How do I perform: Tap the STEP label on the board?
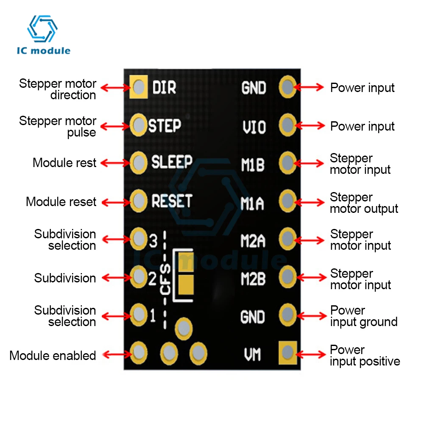[x=165, y=126]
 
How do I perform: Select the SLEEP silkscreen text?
[x=172, y=162]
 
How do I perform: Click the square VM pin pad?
[x=287, y=352]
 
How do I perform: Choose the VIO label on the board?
[x=254, y=127]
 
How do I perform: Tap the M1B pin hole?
[x=287, y=162]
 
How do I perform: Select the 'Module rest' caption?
[x=64, y=163]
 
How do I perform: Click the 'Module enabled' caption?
[x=53, y=355]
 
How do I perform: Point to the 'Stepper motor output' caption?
[x=364, y=203]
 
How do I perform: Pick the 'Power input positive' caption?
[x=365, y=355]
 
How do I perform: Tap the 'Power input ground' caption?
[x=363, y=316]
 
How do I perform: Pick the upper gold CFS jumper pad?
[x=185, y=262]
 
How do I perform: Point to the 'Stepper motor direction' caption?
[x=58, y=89]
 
